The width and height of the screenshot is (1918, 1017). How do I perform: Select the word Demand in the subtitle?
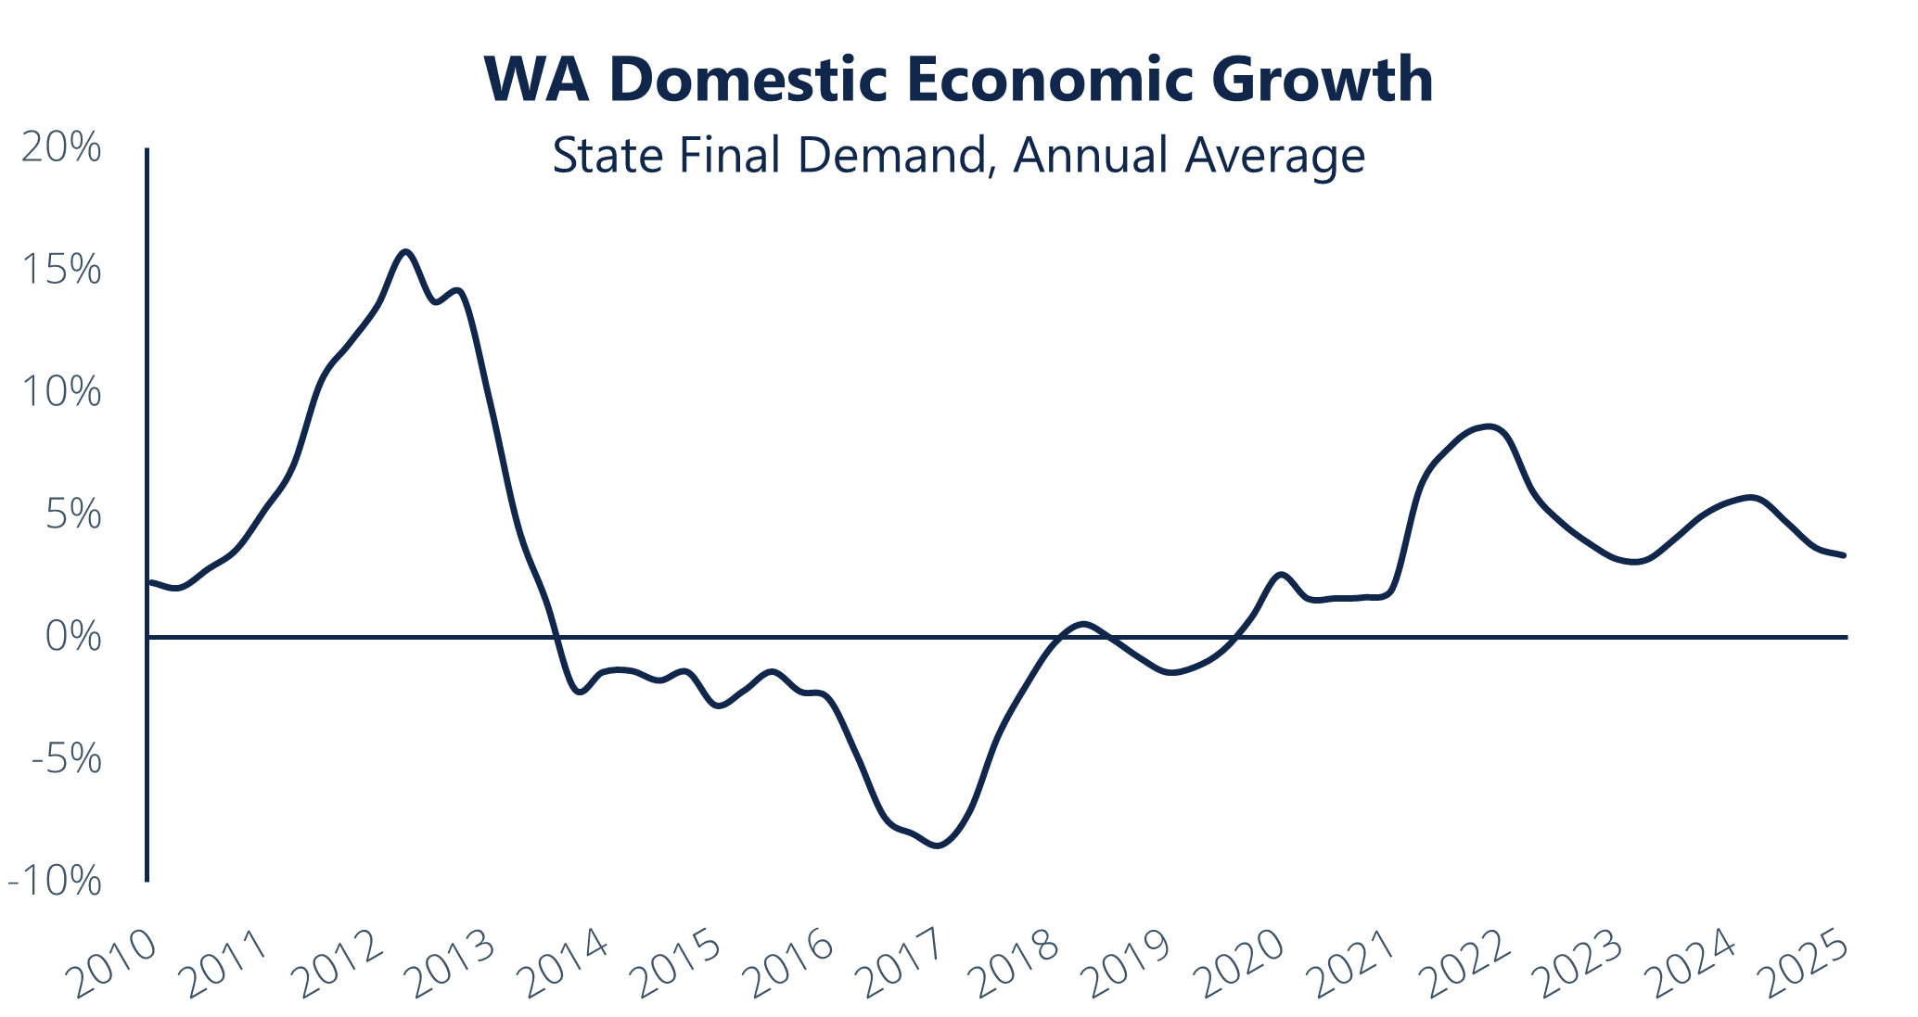[891, 156]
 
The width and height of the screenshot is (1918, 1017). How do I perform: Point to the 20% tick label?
[61, 148]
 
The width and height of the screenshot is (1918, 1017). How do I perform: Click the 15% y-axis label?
[61, 271]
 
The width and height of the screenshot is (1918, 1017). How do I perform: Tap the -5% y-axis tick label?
[66, 760]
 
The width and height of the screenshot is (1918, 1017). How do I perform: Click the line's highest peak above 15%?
[405, 251]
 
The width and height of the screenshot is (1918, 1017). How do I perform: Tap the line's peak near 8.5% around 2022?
[1490, 426]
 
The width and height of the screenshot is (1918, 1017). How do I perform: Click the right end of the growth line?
[1844, 555]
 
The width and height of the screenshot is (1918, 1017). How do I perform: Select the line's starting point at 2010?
[150, 582]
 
